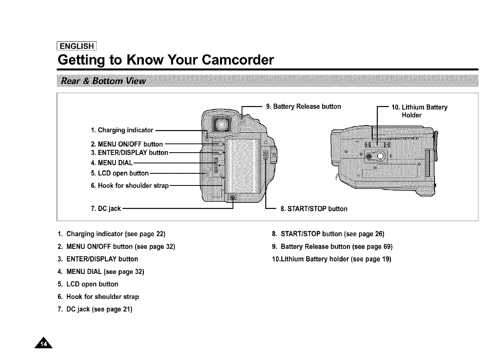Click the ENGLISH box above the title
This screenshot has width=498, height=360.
(x=77, y=47)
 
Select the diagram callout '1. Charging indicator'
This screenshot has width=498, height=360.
(x=121, y=130)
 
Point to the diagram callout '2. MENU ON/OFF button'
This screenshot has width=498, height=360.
(x=126, y=144)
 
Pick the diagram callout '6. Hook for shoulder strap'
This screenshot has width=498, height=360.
(x=129, y=185)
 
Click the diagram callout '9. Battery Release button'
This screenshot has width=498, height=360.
(x=303, y=106)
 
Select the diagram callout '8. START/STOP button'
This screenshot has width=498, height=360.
(x=314, y=209)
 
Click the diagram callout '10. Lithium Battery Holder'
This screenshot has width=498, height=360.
(x=419, y=111)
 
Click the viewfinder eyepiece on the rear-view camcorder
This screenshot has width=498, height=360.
(x=221, y=124)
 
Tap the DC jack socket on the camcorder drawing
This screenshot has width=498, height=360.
(x=233, y=197)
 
